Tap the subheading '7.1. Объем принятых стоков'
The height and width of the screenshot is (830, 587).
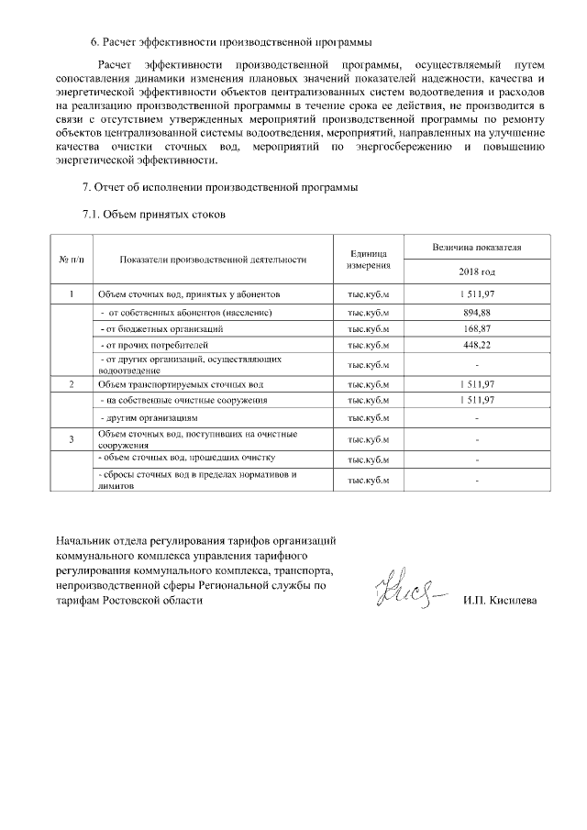click(x=154, y=215)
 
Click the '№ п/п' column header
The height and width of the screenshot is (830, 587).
click(x=72, y=260)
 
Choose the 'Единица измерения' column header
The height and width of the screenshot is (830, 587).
click(x=369, y=260)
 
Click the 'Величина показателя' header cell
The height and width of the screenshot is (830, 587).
click(x=477, y=248)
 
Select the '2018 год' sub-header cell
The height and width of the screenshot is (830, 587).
click(x=477, y=272)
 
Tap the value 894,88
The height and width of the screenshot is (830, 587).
click(x=477, y=313)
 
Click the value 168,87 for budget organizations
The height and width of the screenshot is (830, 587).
click(x=477, y=328)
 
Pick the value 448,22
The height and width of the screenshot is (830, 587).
click(x=477, y=345)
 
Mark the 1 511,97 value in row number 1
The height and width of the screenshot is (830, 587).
click(x=477, y=294)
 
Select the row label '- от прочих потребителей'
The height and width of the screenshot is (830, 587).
click(x=149, y=345)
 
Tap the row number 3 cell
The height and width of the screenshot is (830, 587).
click(x=72, y=439)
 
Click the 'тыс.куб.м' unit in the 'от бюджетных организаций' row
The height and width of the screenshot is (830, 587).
click(x=369, y=328)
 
